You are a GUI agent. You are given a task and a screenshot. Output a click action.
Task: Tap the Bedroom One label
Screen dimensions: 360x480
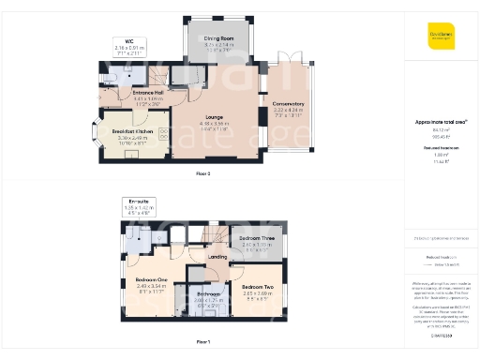pos(151,280)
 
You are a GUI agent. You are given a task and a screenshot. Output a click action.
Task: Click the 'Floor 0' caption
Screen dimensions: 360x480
pos(203,174)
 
